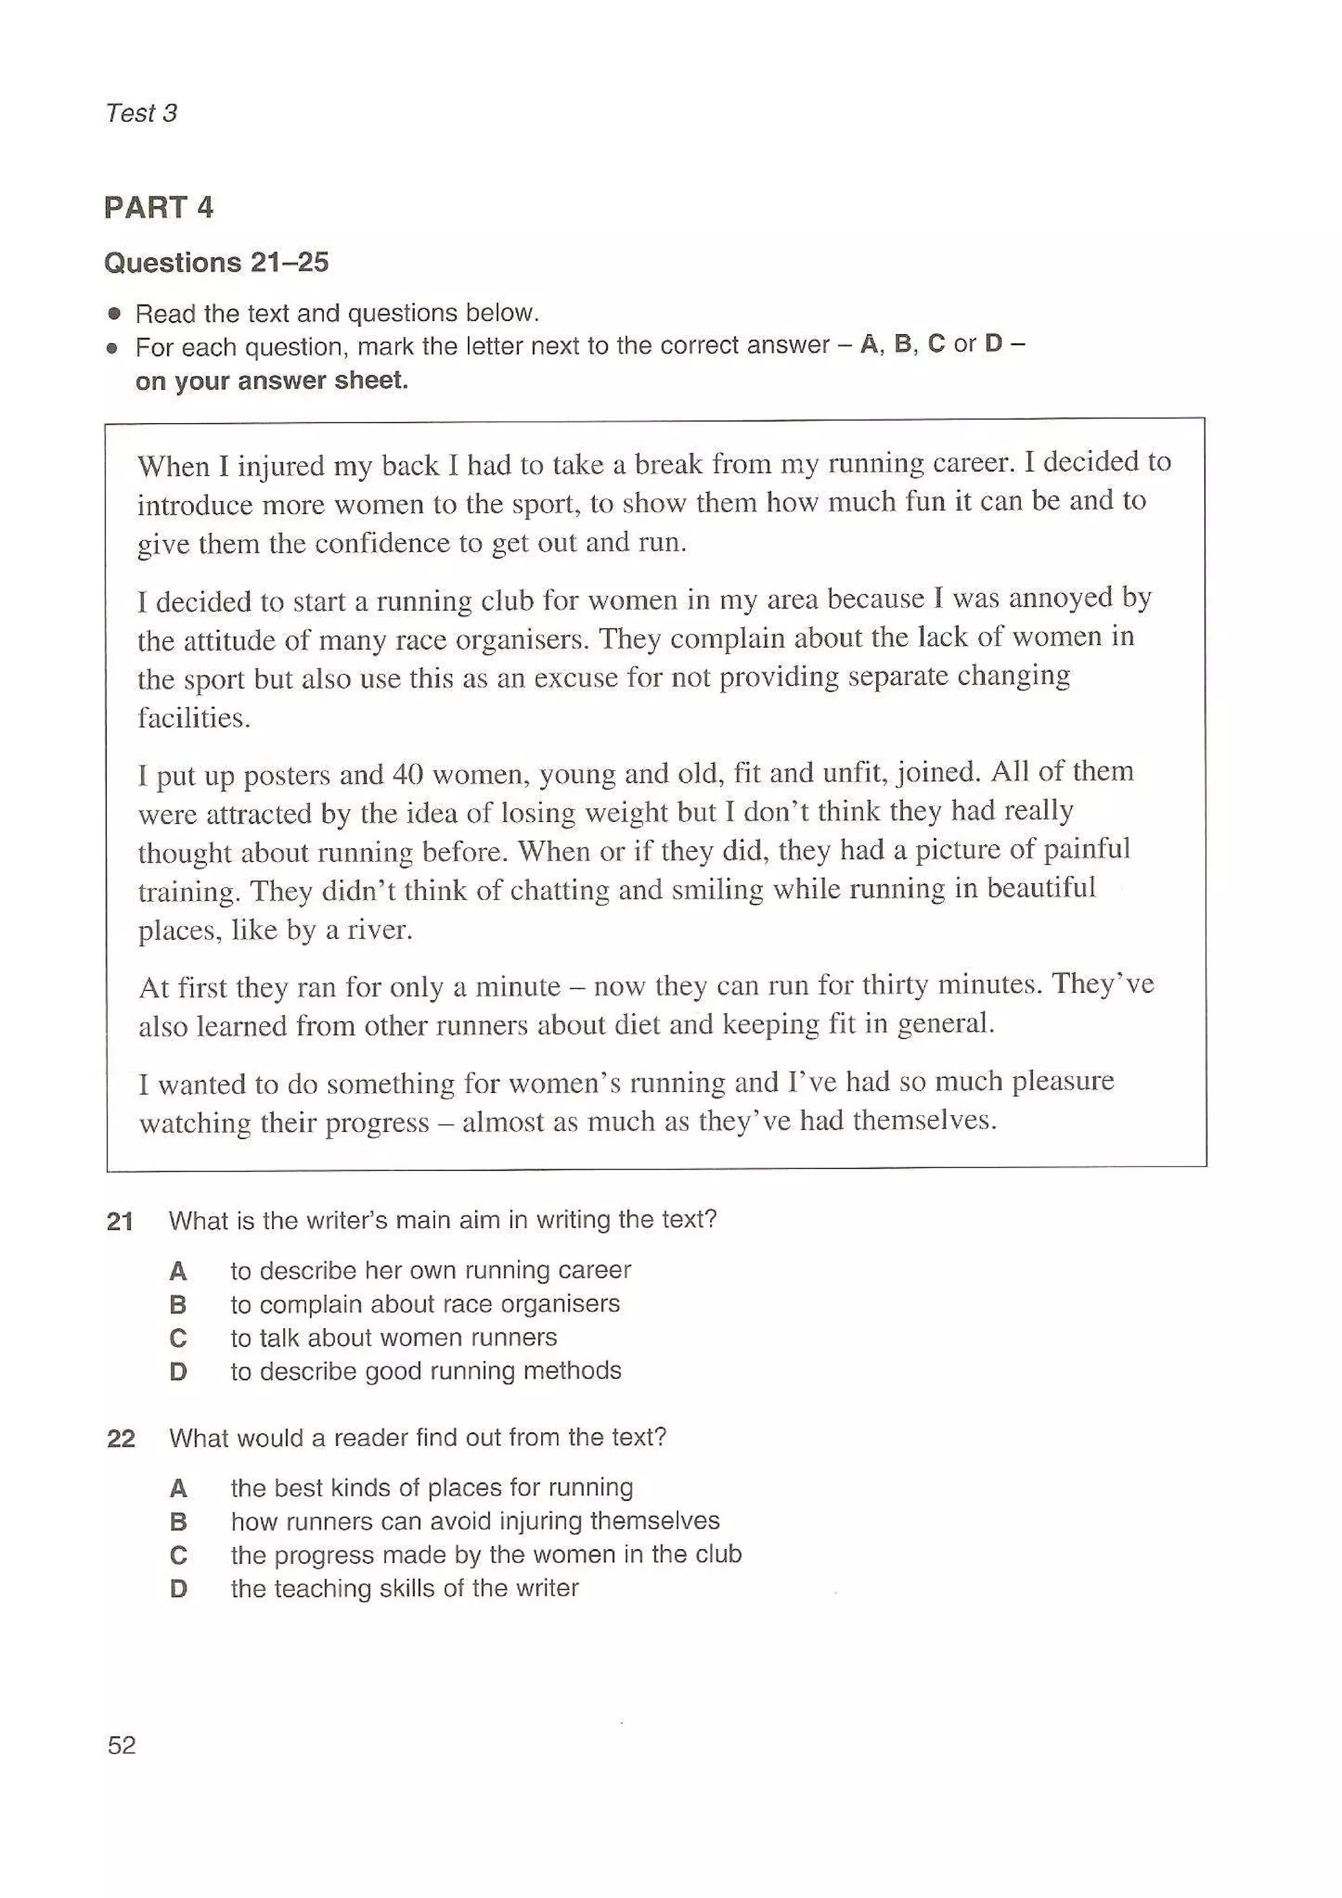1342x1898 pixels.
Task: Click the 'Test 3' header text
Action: coord(142,113)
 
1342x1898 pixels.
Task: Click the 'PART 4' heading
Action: coord(159,207)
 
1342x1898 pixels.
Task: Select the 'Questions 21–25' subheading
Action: coord(217,263)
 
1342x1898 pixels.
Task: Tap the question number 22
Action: coord(121,1438)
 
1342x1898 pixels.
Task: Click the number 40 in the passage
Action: coord(408,775)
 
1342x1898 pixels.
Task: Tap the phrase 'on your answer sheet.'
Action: coord(272,381)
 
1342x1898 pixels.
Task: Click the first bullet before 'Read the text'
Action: coord(114,314)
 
